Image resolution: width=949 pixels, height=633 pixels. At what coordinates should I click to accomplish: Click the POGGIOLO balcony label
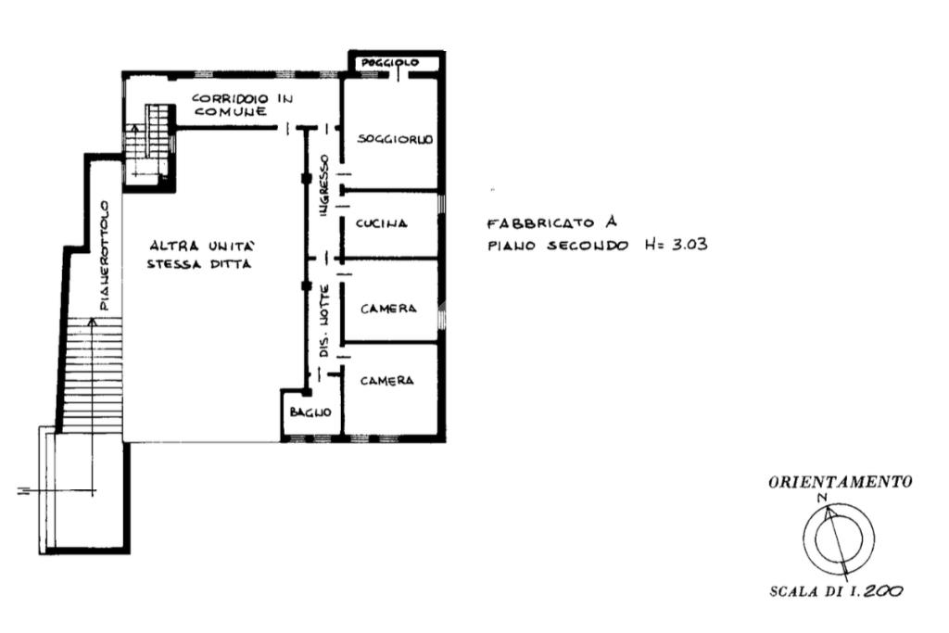[x=390, y=62]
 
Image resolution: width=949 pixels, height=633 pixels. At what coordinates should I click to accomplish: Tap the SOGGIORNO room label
[x=395, y=139]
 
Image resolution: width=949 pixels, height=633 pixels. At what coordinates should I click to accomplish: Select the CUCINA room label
[x=381, y=223]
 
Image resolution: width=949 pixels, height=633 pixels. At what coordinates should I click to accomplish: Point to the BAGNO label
[x=310, y=412]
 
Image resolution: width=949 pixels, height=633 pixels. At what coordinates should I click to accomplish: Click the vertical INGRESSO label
[x=324, y=185]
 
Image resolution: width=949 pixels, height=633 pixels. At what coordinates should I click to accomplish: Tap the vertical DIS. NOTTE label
[x=324, y=320]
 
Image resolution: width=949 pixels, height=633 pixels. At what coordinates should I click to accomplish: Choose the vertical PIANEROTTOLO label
[x=106, y=256]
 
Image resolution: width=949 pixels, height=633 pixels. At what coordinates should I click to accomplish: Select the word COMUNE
[x=230, y=111]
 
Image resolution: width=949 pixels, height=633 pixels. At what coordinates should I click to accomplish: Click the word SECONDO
[x=588, y=246]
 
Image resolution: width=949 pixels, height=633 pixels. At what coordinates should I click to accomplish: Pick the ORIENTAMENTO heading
[x=840, y=482]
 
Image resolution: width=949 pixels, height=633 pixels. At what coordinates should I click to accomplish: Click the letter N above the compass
[x=822, y=498]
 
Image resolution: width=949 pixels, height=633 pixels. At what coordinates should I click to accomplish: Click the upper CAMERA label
[x=388, y=309]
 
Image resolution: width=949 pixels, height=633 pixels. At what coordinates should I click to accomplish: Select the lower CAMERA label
[x=387, y=381]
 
